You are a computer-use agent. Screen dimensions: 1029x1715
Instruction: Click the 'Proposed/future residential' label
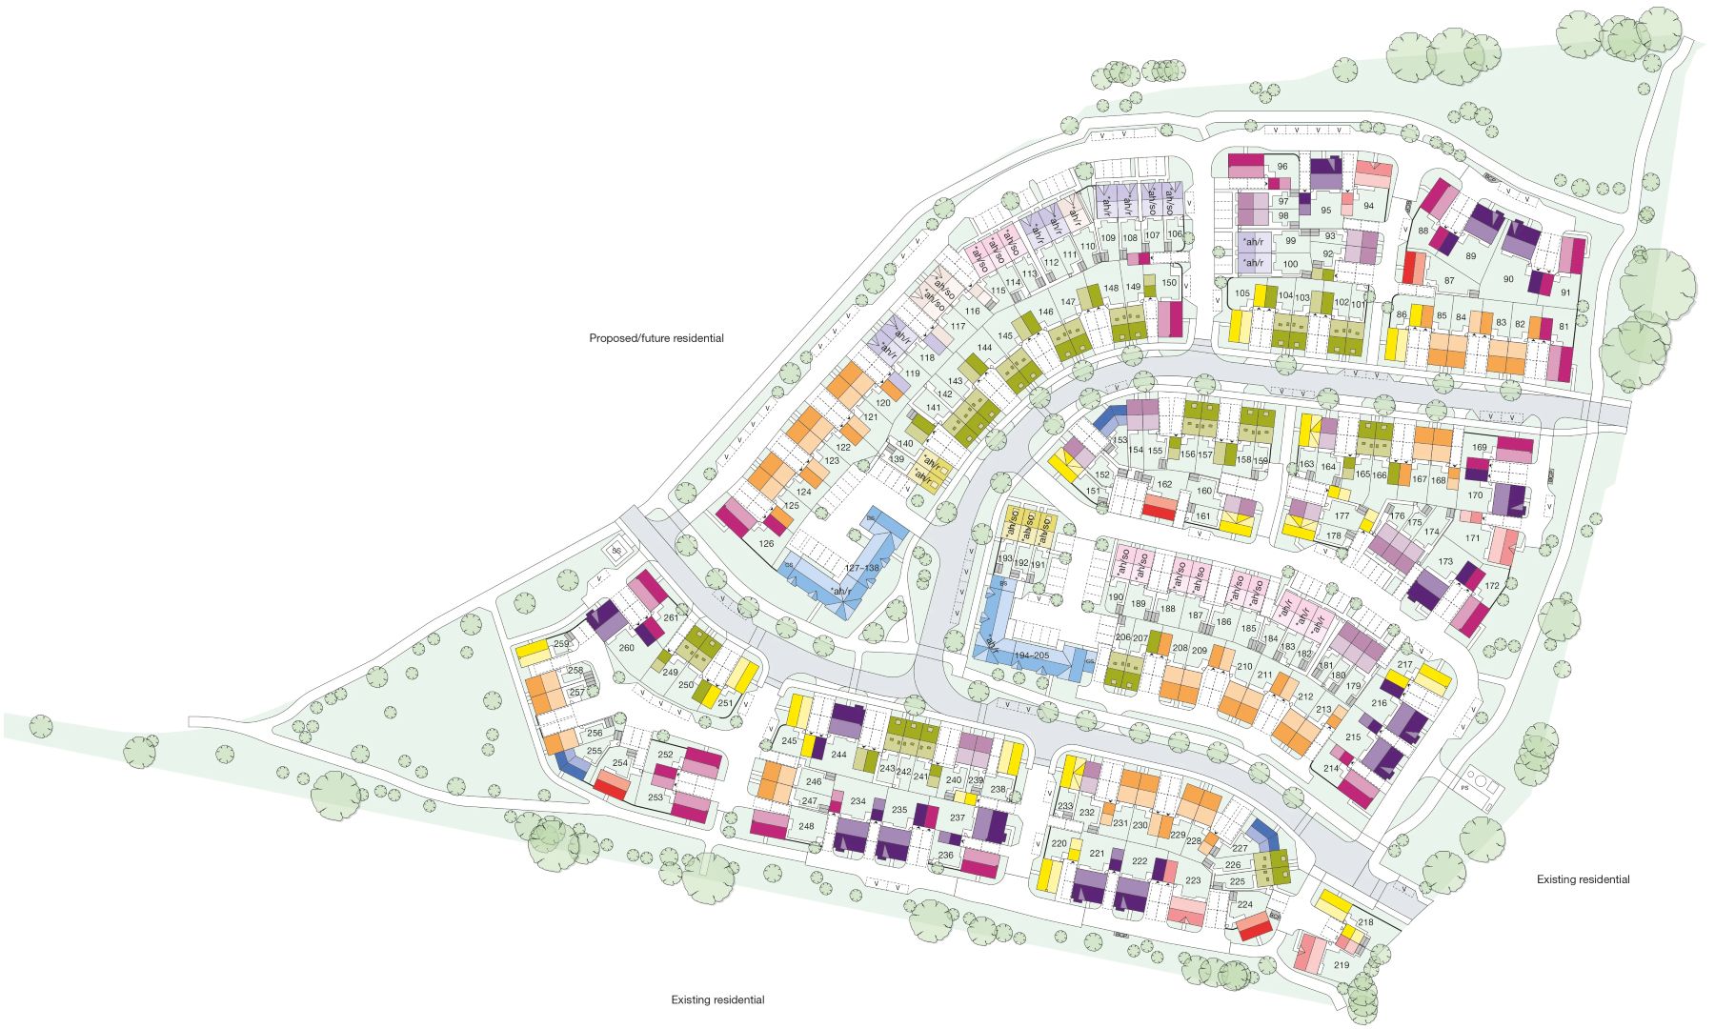pyautogui.click(x=656, y=338)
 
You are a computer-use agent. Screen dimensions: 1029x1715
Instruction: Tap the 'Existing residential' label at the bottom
pyautogui.click(x=717, y=999)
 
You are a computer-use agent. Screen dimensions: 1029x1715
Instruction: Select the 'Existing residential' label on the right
pyautogui.click(x=1583, y=879)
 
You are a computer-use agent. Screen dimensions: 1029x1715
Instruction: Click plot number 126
pyautogui.click(x=766, y=544)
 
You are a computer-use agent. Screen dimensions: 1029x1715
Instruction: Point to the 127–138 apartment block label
pyautogui.click(x=862, y=568)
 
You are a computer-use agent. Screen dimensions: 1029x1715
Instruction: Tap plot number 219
pyautogui.click(x=1342, y=965)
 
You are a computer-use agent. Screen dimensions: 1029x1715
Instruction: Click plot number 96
pyautogui.click(x=1282, y=167)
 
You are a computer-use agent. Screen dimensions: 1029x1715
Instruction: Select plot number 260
pyautogui.click(x=626, y=648)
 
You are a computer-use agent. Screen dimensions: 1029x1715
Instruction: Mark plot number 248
pyautogui.click(x=807, y=826)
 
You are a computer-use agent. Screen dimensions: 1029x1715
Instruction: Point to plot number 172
pyautogui.click(x=1491, y=585)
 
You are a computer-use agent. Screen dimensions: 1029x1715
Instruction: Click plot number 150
pyautogui.click(x=1169, y=283)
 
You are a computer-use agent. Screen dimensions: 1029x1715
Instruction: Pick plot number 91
pyautogui.click(x=1565, y=293)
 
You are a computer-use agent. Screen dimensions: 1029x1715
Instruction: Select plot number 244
pyautogui.click(x=838, y=755)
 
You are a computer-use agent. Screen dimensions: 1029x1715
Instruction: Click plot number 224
pyautogui.click(x=1244, y=904)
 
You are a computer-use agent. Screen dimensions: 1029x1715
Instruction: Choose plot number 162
pyautogui.click(x=1164, y=485)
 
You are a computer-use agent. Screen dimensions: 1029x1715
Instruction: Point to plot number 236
pyautogui.click(x=945, y=856)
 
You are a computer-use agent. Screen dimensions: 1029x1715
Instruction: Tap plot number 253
pyautogui.click(x=656, y=797)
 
